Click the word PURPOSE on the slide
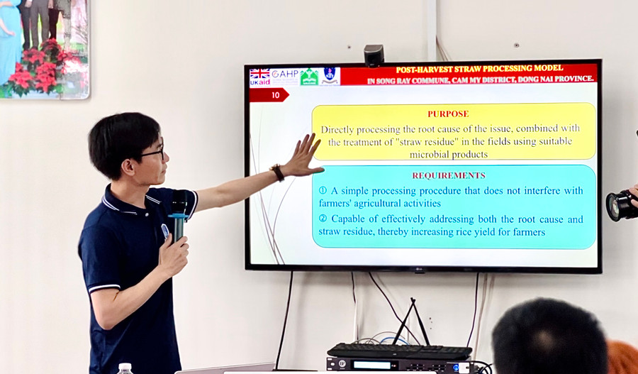[x=448, y=114]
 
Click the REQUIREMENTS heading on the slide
[x=449, y=175]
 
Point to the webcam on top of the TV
[x=374, y=55]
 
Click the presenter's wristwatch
[x=277, y=172]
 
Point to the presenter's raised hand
[x=303, y=155]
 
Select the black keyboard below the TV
[x=400, y=351]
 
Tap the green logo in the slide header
[x=309, y=77]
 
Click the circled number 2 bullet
[x=323, y=219]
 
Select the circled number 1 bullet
[x=323, y=190]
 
